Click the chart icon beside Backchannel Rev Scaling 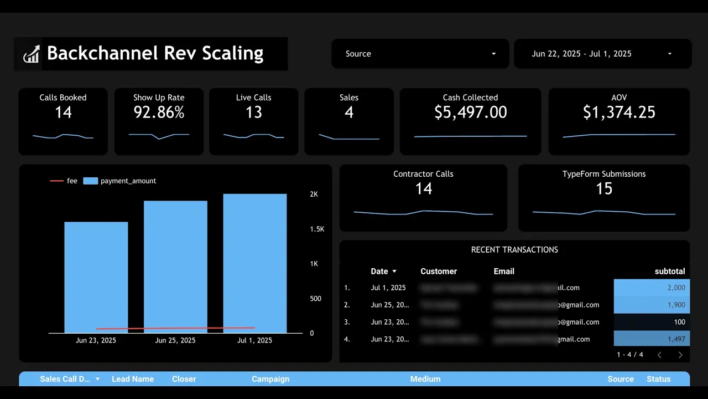[x=31, y=54]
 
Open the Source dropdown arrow [x=493, y=54]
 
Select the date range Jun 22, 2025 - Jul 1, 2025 [x=581, y=54]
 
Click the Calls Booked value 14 [x=63, y=112]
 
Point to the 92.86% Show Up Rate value [x=159, y=112]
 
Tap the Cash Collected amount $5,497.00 [x=470, y=112]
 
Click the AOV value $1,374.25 [x=619, y=112]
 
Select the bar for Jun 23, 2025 [x=96, y=277]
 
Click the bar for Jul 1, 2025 [x=255, y=263]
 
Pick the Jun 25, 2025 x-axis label [x=175, y=340]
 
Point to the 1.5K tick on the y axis [x=317, y=229]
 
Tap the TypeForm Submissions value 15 [x=604, y=189]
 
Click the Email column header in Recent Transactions [x=504, y=272]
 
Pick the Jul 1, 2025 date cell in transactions [x=388, y=288]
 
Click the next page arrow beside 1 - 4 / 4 [x=680, y=355]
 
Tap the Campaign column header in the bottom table [x=270, y=379]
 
